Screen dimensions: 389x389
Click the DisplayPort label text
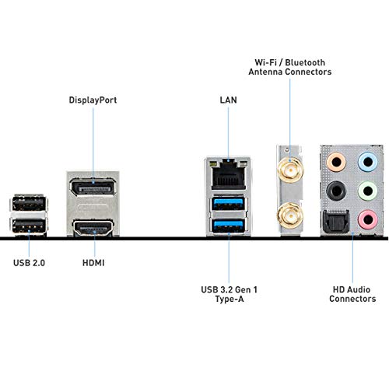tap(93, 100)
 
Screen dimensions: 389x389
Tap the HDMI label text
tap(93, 263)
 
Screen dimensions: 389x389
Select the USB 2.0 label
tap(29, 263)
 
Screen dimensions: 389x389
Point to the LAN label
tap(228, 100)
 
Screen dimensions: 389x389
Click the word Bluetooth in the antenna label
tap(305, 62)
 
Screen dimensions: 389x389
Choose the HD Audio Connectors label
tap(352, 294)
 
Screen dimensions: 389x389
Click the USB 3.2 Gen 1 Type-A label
tap(230, 294)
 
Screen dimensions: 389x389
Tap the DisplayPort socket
tap(93, 187)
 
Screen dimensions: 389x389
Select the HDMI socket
tap(93, 228)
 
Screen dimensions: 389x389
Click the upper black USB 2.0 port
tap(29, 203)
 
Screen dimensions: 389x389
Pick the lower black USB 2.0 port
tap(29, 226)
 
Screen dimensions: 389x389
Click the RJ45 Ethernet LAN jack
tap(228, 174)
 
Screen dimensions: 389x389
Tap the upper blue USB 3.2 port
tap(228, 204)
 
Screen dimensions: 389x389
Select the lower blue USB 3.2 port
tap(228, 226)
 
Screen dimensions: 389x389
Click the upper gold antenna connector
tap(290, 170)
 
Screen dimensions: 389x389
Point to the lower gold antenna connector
tap(290, 216)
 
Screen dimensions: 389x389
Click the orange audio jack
tap(336, 163)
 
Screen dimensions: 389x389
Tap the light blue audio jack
tap(368, 163)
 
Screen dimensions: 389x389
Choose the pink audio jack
tap(368, 219)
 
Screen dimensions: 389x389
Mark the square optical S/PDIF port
tap(336, 222)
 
